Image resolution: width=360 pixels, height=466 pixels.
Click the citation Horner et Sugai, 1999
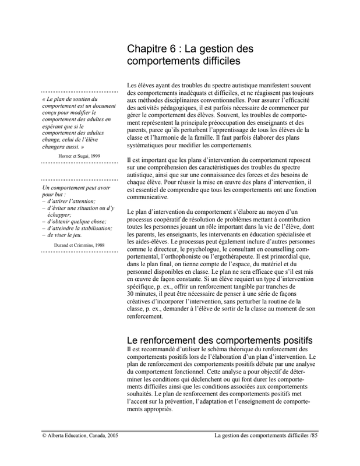coord(79,157)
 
